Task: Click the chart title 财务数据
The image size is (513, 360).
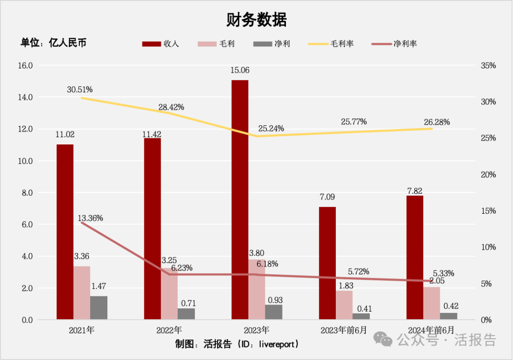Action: [256, 20]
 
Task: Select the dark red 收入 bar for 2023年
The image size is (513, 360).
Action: [240, 199]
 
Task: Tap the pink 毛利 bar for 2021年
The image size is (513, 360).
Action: [82, 293]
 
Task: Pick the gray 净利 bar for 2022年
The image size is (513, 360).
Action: [186, 313]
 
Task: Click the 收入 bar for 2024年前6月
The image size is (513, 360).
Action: [415, 257]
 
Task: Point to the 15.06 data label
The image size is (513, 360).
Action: [239, 70]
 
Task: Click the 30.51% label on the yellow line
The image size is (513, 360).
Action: [79, 89]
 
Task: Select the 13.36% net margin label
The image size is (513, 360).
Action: [90, 218]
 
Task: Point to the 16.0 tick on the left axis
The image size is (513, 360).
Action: [25, 66]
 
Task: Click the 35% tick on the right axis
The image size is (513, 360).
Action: [488, 66]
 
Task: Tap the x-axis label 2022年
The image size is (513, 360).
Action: [169, 330]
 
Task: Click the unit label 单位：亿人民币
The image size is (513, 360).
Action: [53, 43]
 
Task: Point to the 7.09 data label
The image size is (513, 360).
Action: [327, 197]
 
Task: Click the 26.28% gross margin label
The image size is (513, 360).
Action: [437, 122]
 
